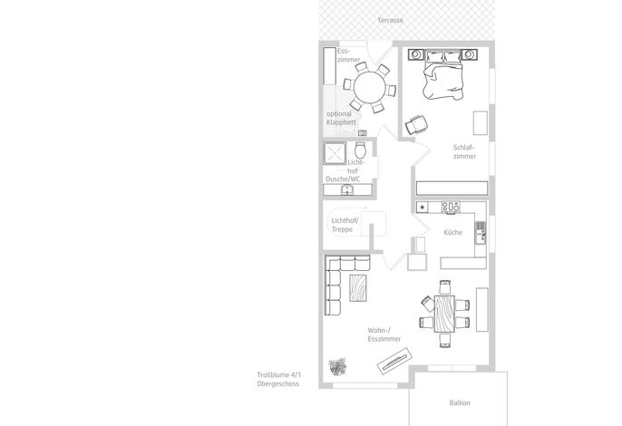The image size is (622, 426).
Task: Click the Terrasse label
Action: (x=390, y=20)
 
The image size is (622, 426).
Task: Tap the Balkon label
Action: (x=460, y=402)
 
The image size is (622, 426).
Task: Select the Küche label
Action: (x=453, y=232)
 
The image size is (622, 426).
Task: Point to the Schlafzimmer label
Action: (x=464, y=152)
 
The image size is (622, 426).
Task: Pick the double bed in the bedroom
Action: (x=442, y=74)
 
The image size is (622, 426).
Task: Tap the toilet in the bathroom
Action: (x=360, y=150)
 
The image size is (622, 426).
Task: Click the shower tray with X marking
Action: (x=335, y=153)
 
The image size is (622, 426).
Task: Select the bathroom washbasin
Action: (x=347, y=190)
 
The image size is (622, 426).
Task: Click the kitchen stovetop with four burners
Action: (x=451, y=207)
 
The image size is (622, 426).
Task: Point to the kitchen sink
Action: (x=481, y=232)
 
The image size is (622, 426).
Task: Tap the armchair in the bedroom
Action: (x=416, y=124)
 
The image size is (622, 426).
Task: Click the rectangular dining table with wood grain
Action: (x=444, y=314)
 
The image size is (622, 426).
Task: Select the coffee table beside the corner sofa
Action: (x=358, y=288)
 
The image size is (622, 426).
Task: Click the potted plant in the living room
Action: (x=337, y=366)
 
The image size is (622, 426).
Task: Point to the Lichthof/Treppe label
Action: (x=345, y=225)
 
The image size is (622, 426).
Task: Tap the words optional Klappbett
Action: (x=341, y=118)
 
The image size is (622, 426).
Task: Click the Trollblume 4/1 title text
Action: (x=279, y=375)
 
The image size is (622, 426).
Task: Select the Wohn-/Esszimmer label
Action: (x=384, y=334)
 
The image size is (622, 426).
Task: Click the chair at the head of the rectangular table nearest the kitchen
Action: (x=445, y=286)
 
